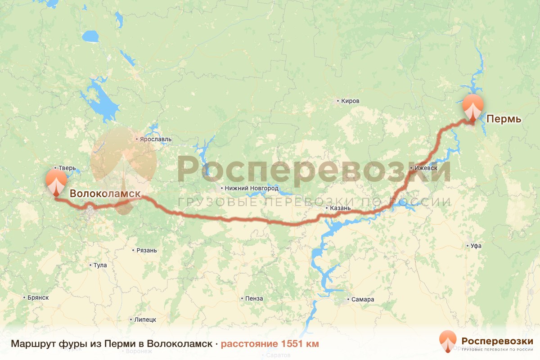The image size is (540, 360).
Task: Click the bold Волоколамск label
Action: coord(105,193)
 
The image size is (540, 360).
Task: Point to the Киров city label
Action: coord(351,101)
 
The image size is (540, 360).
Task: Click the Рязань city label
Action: coord(147,250)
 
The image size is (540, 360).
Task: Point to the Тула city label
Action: coord(100,265)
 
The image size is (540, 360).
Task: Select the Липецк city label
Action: coord(145,319)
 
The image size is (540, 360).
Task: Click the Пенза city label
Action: coord(254,298)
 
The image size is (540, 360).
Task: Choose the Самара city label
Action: coord(363,300)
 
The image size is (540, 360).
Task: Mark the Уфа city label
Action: coord(476,246)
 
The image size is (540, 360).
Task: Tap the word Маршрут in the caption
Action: coord(33,344)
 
